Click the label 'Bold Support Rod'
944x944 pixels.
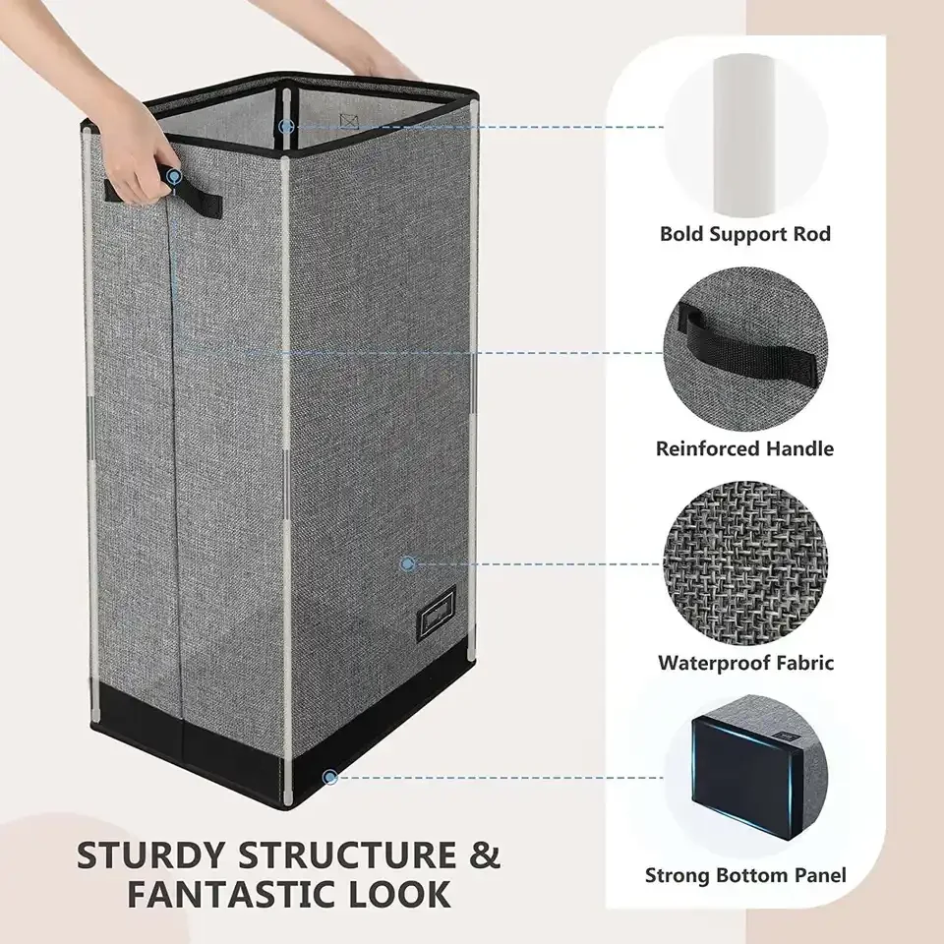(x=744, y=234)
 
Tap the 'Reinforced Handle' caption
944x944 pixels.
(x=744, y=448)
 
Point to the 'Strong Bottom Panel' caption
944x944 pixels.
(x=744, y=874)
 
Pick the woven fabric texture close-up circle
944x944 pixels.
(x=744, y=557)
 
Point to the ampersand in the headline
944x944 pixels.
(x=483, y=855)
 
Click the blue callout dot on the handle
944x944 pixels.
(x=174, y=178)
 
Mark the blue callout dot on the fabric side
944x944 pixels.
(x=407, y=563)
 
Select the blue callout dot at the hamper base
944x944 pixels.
(x=330, y=776)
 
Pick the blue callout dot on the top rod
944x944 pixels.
(x=285, y=126)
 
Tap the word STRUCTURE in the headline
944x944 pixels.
(x=343, y=855)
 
